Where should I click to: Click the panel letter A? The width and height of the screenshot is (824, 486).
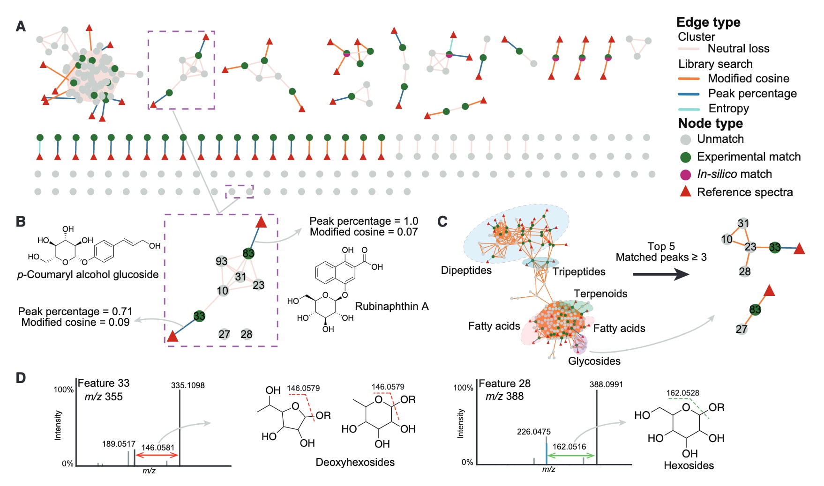coord(21,26)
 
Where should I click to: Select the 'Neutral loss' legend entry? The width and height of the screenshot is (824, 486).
coord(738,49)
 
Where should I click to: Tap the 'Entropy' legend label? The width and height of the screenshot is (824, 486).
coord(728,109)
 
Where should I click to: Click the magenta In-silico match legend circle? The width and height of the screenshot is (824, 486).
coord(685,175)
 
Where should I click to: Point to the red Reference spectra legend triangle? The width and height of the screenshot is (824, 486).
coord(685,191)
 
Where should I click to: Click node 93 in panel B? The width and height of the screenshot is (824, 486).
coord(221,261)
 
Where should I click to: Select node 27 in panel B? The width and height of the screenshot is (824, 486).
coord(224,334)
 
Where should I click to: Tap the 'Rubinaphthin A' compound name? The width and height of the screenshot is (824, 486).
coord(392,306)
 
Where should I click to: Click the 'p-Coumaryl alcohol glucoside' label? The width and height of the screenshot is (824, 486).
coord(88,274)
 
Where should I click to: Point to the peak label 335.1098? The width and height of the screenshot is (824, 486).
coord(187,385)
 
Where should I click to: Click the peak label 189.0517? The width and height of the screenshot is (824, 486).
coord(119,444)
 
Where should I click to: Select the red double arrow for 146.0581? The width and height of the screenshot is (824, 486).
coord(157,455)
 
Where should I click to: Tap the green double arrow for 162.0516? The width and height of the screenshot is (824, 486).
coord(571,455)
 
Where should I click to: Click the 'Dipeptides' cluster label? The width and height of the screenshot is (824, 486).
coord(466,270)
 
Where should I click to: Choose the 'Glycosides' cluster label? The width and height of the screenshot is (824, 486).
coord(594,361)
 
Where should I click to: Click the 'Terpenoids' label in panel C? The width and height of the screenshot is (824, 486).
coord(600,294)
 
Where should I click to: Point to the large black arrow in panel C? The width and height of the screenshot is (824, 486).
coord(660,274)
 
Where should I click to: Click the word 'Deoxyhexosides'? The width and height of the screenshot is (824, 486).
coord(355,462)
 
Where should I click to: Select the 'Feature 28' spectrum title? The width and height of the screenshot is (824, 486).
coord(504,383)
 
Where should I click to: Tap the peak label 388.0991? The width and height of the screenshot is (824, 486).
coord(606,384)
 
